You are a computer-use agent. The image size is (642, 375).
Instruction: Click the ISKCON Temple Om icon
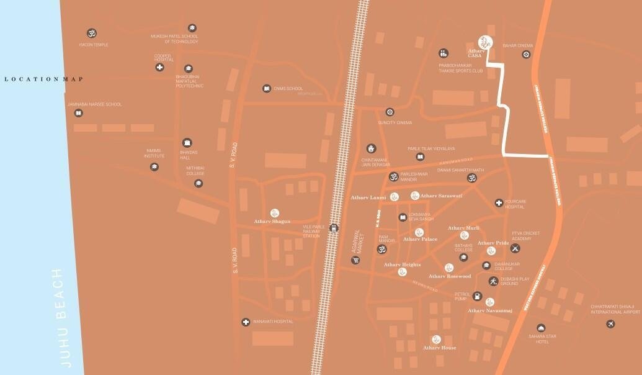click(93, 32)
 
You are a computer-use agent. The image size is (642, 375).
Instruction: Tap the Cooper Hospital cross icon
click(159, 67)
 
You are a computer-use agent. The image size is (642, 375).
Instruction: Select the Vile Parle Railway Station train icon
click(334, 228)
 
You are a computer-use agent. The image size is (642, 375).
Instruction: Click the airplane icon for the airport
click(611, 324)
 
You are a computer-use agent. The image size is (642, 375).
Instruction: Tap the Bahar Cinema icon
click(526, 55)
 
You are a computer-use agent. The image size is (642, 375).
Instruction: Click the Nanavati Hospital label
click(272, 322)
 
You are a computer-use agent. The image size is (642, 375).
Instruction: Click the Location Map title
click(43, 79)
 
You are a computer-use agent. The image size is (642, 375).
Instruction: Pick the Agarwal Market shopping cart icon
click(355, 260)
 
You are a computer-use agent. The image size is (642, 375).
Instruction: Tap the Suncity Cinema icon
click(390, 112)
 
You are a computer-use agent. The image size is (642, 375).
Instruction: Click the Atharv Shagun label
click(272, 222)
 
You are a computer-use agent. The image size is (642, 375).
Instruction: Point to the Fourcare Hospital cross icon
click(499, 202)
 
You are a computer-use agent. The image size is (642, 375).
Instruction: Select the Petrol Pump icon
click(476, 296)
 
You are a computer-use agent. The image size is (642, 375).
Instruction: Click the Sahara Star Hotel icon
click(542, 328)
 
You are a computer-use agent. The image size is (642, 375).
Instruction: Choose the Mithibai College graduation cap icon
click(198, 183)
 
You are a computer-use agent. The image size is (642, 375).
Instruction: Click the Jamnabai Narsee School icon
click(78, 113)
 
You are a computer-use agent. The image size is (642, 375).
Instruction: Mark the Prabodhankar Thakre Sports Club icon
click(443, 53)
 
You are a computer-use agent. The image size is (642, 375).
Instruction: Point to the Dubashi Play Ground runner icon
click(493, 281)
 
